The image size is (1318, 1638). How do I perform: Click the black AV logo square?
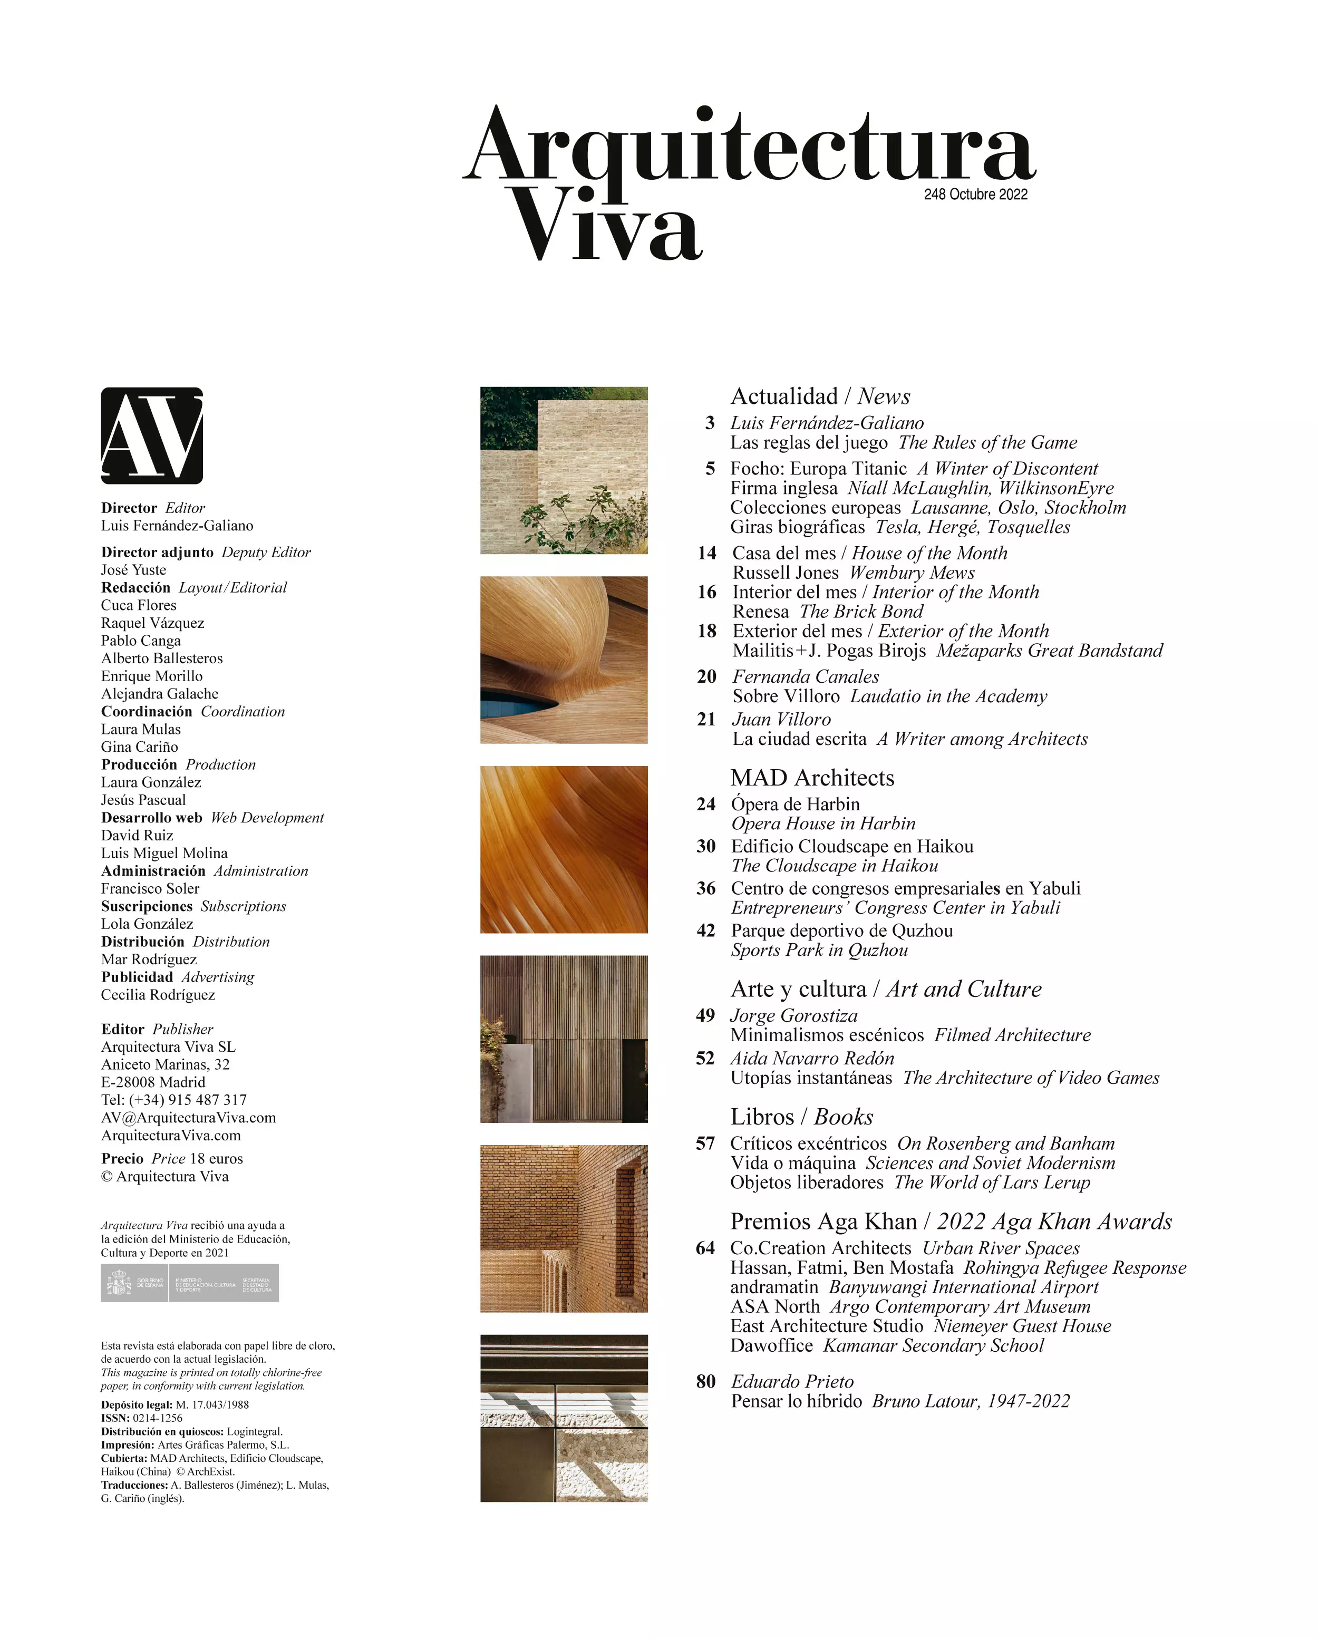click(x=152, y=435)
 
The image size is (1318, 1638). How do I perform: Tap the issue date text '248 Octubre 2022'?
click(x=975, y=195)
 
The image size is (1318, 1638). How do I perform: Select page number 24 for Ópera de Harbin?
click(x=706, y=804)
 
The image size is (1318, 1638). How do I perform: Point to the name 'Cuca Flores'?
click(x=138, y=605)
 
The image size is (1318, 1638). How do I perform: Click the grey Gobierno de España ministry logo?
click(x=189, y=1283)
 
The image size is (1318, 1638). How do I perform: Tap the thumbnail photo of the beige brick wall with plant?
click(x=564, y=470)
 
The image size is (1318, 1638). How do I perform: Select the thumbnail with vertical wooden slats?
click(x=564, y=1039)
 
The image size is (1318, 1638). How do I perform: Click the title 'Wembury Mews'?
click(x=912, y=573)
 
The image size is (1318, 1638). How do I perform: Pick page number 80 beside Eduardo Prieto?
click(x=706, y=1381)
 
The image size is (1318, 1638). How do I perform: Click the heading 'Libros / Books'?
click(x=801, y=1116)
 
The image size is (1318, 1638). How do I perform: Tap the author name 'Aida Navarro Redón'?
click(x=812, y=1058)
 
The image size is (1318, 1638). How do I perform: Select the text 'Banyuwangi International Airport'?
click(x=963, y=1287)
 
